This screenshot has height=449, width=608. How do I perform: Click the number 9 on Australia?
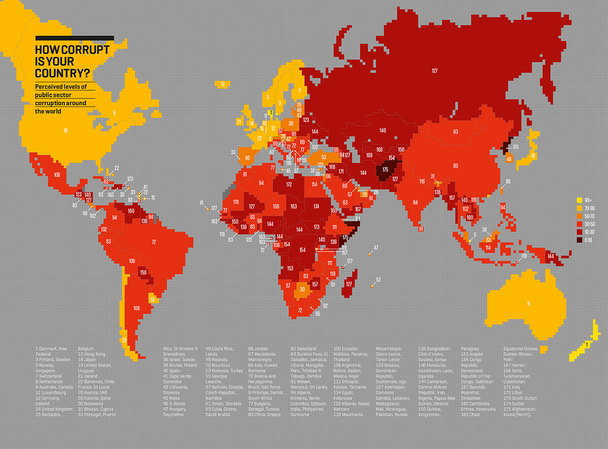[528, 303]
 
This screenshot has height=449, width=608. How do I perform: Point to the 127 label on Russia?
[435, 71]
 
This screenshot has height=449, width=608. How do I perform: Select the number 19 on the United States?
[65, 131]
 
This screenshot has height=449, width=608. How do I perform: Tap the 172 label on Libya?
[289, 185]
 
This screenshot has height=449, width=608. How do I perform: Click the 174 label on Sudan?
[316, 206]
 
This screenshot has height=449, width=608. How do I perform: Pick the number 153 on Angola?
[290, 268]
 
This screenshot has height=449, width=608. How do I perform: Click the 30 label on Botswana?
[302, 290]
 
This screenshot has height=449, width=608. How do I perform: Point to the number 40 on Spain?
[247, 158]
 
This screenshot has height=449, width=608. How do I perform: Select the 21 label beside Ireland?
[239, 121]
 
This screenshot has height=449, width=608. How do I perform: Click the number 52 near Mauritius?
[378, 280]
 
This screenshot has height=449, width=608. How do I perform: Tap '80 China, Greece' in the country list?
[264, 415]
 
